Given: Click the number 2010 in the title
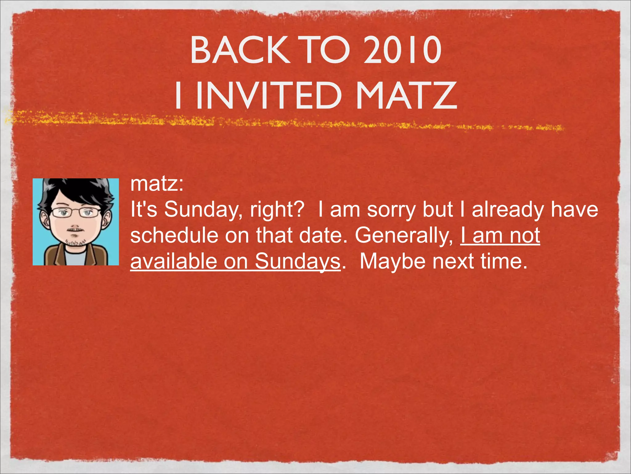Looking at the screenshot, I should (x=402, y=50).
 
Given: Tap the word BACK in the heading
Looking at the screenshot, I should (x=240, y=50).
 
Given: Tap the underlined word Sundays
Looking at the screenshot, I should (x=297, y=261).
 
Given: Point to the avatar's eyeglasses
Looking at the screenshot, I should (x=75, y=212).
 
